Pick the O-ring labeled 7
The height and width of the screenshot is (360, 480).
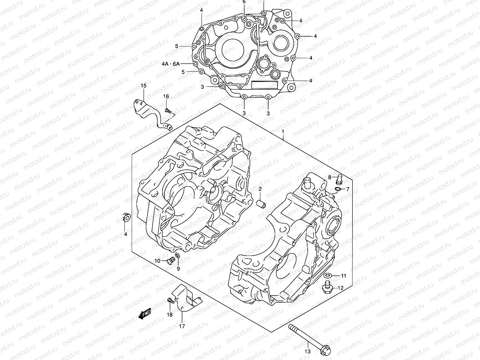click(x=337, y=189)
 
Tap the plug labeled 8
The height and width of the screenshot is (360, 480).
click(x=340, y=178)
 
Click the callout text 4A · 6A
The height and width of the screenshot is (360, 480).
click(x=170, y=64)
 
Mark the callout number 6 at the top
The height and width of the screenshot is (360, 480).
click(x=244, y=2)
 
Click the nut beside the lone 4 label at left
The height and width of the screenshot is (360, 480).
click(x=126, y=217)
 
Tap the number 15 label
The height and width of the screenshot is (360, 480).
click(x=143, y=86)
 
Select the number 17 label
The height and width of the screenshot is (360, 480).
click(x=182, y=326)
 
